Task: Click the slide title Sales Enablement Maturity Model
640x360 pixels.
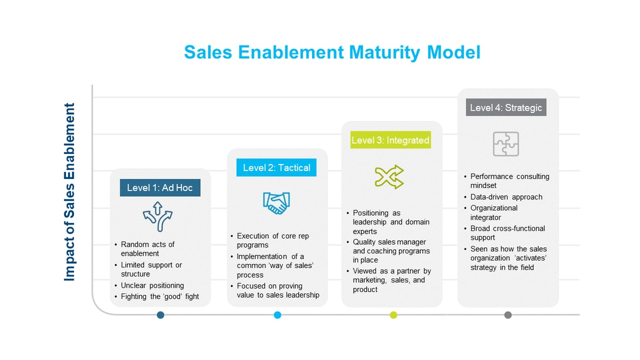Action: pyautogui.click(x=332, y=53)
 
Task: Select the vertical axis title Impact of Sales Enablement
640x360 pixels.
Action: pyautogui.click(x=70, y=192)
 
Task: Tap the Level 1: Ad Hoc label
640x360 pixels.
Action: pyautogui.click(x=160, y=188)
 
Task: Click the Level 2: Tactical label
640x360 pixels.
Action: pyautogui.click(x=276, y=168)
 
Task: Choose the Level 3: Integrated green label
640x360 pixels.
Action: pyautogui.click(x=390, y=141)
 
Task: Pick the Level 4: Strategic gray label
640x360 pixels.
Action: pyautogui.click(x=506, y=108)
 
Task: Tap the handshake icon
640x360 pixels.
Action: pyautogui.click(x=276, y=202)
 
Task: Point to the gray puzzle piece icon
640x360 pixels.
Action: pyautogui.click(x=505, y=144)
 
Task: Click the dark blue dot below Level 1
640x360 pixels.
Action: pyautogui.click(x=161, y=315)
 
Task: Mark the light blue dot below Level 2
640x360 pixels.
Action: pyautogui.click(x=277, y=315)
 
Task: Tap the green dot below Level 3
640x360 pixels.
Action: pyautogui.click(x=393, y=315)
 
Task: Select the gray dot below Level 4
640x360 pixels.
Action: pyautogui.click(x=508, y=315)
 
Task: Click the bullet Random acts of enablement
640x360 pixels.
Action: pyautogui.click(x=147, y=249)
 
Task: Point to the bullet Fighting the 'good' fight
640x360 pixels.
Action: pyautogui.click(x=160, y=296)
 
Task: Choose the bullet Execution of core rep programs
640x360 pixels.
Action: pyautogui.click(x=273, y=240)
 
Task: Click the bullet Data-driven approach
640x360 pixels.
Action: pyautogui.click(x=506, y=197)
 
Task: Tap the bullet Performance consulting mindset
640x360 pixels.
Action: pyautogui.click(x=510, y=181)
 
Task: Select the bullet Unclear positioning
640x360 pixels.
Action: pyautogui.click(x=152, y=285)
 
